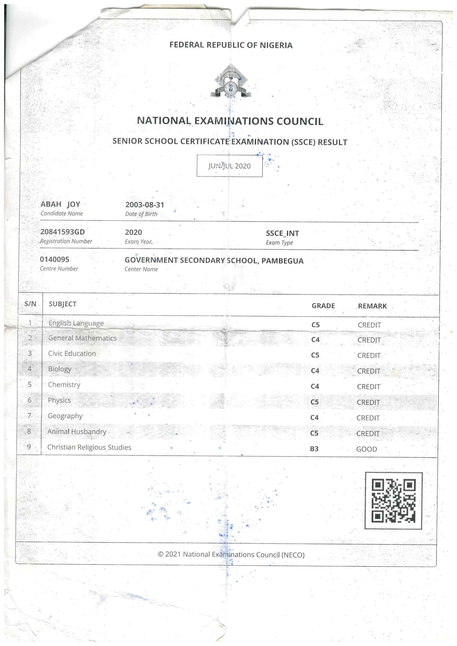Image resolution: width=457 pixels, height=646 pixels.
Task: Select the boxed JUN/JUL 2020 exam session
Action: [x=229, y=166]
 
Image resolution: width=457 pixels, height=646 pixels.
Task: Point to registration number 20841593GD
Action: [x=62, y=232]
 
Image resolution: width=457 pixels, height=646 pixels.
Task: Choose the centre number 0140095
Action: [x=55, y=259]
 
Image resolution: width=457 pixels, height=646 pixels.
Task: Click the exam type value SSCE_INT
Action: [x=283, y=233]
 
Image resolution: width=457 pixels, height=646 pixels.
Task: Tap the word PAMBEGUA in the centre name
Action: [x=283, y=261]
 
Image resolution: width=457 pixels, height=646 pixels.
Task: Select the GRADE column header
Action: [x=323, y=306]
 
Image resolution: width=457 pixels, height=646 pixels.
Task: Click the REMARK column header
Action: [x=372, y=306]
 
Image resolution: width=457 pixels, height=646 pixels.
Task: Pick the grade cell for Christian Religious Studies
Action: [x=314, y=449]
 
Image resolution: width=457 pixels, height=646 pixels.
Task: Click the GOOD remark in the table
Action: [x=366, y=449]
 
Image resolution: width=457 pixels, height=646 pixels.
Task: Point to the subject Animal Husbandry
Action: [x=77, y=432]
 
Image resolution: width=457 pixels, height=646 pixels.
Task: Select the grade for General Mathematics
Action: [x=315, y=340]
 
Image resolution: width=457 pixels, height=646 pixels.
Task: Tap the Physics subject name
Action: [x=59, y=400]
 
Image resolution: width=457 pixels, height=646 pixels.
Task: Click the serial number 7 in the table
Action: [x=29, y=416]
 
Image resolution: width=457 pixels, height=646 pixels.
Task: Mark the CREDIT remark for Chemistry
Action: [x=369, y=387]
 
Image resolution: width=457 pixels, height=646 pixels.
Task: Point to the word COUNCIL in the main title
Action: [x=300, y=121]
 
